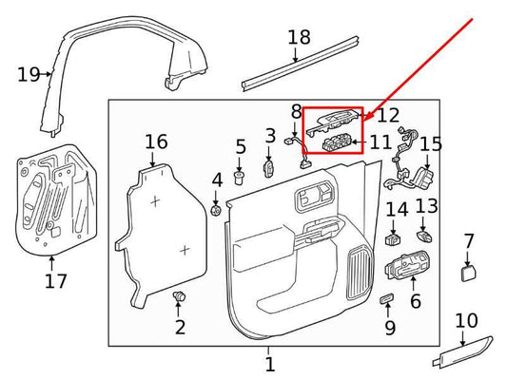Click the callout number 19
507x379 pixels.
[29, 73]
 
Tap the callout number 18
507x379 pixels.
[299, 38]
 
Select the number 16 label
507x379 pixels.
[156, 142]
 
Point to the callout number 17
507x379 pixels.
[55, 280]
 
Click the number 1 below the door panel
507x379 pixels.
[269, 363]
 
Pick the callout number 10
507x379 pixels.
[466, 321]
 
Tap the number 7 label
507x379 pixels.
[468, 241]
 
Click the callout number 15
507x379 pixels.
[431, 144]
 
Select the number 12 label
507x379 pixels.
[387, 116]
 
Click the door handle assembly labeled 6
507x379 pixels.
[405, 270]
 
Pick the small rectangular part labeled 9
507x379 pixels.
[385, 300]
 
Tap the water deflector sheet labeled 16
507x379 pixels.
[166, 228]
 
